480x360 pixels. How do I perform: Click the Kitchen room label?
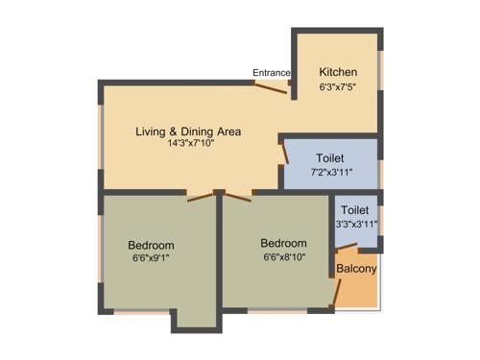coord(338,72)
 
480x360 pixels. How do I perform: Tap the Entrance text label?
coord(271,73)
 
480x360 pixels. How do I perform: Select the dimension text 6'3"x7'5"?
coord(338,86)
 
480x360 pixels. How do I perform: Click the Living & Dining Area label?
coord(187,131)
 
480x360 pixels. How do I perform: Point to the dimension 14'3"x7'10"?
coord(189,143)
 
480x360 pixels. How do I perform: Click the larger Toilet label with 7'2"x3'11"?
coord(328,157)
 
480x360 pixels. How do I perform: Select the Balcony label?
coord(356,269)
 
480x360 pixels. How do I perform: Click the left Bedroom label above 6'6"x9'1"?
coord(151,245)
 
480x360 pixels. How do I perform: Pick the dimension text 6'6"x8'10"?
coord(283,257)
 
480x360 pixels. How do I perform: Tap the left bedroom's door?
coord(202,197)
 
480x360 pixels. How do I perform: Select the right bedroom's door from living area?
coord(237,196)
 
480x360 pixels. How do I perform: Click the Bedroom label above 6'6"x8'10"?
coord(283,244)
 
